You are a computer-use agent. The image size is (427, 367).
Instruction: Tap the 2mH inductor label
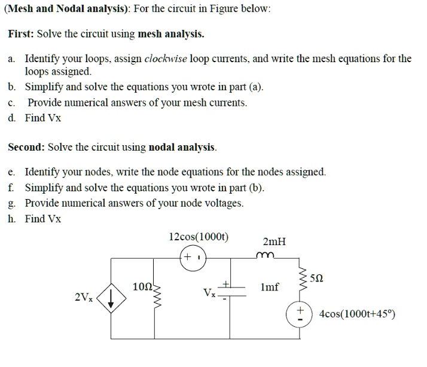[274, 242]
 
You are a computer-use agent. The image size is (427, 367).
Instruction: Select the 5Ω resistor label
[320, 278]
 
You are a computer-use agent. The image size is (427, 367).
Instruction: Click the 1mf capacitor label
[270, 288]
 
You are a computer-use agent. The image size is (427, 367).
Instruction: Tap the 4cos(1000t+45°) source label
[357, 314]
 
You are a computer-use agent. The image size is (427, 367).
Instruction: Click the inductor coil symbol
[263, 255]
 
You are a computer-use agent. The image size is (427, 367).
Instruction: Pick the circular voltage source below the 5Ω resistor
[300, 314]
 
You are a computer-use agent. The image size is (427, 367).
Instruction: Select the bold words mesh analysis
[172, 34]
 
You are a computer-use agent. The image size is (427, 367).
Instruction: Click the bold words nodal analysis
[182, 146]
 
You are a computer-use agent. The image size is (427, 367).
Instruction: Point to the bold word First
[21, 34]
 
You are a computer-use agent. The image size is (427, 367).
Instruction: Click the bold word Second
[26, 146]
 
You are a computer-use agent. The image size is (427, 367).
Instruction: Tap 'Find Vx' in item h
[43, 219]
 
